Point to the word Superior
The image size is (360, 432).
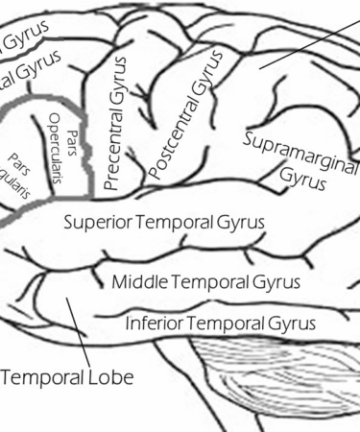pos(98,223)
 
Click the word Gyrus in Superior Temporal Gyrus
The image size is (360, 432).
pos(242,223)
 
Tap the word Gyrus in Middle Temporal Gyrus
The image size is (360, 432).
pos(274,283)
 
